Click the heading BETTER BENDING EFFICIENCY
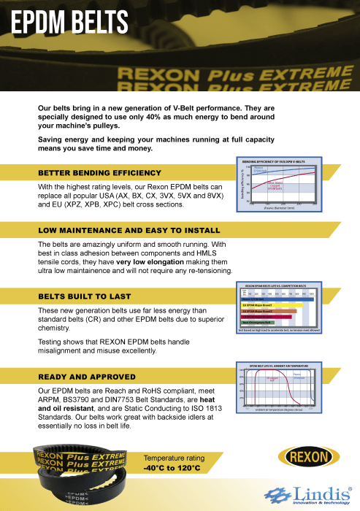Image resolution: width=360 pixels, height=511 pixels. (x=99, y=173)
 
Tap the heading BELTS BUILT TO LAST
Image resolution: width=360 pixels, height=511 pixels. (x=85, y=297)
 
